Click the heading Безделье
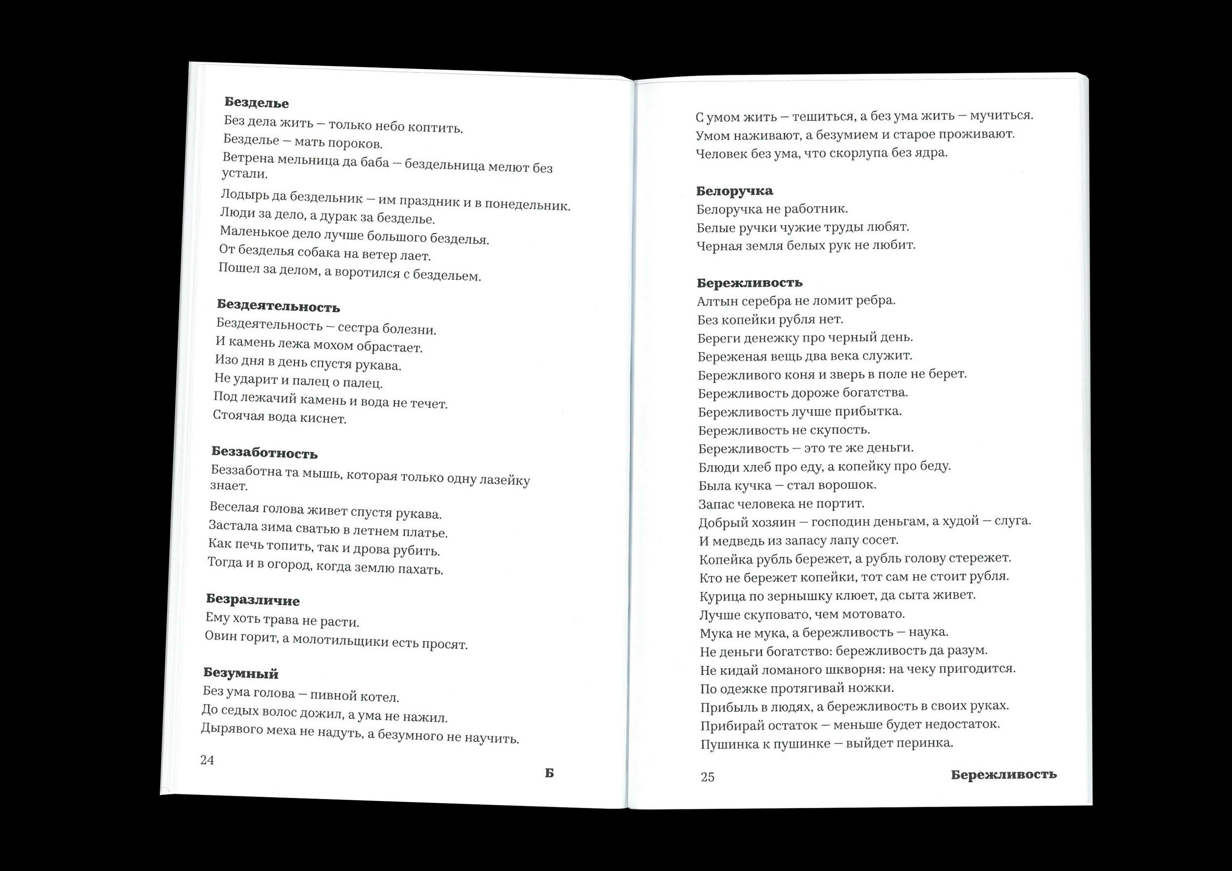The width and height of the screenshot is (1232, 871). [256, 102]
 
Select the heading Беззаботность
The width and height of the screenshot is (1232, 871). [264, 453]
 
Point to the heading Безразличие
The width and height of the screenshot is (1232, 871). [253, 600]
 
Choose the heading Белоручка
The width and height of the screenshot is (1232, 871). [735, 191]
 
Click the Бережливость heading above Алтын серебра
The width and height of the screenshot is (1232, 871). [750, 282]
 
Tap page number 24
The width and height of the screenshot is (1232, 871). [207, 760]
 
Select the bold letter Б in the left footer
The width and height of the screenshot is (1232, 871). [549, 773]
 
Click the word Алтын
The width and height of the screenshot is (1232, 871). [715, 301]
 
